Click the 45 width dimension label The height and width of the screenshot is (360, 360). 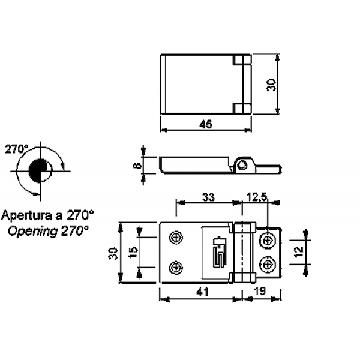206,124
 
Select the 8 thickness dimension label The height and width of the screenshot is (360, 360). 137,166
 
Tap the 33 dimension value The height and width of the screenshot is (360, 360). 208,197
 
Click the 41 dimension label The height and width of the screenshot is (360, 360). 203,292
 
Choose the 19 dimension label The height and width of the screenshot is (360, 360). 260,292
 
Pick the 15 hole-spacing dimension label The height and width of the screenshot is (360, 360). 133,253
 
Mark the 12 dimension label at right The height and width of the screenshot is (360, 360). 299,252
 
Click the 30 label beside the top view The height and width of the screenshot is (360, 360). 271,85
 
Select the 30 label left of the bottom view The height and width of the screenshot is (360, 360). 113,253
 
